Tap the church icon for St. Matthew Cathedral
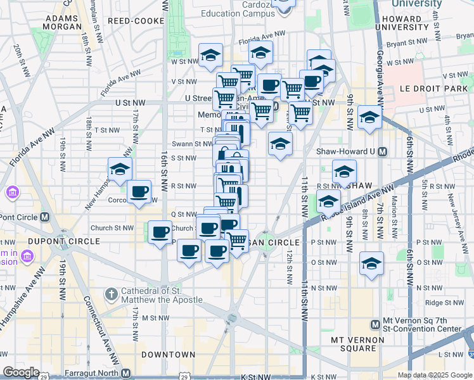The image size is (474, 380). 111,294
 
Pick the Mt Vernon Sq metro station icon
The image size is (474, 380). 375,324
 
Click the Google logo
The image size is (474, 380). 21,372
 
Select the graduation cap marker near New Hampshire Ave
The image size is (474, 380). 119,169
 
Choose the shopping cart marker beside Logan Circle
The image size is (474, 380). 237,241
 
